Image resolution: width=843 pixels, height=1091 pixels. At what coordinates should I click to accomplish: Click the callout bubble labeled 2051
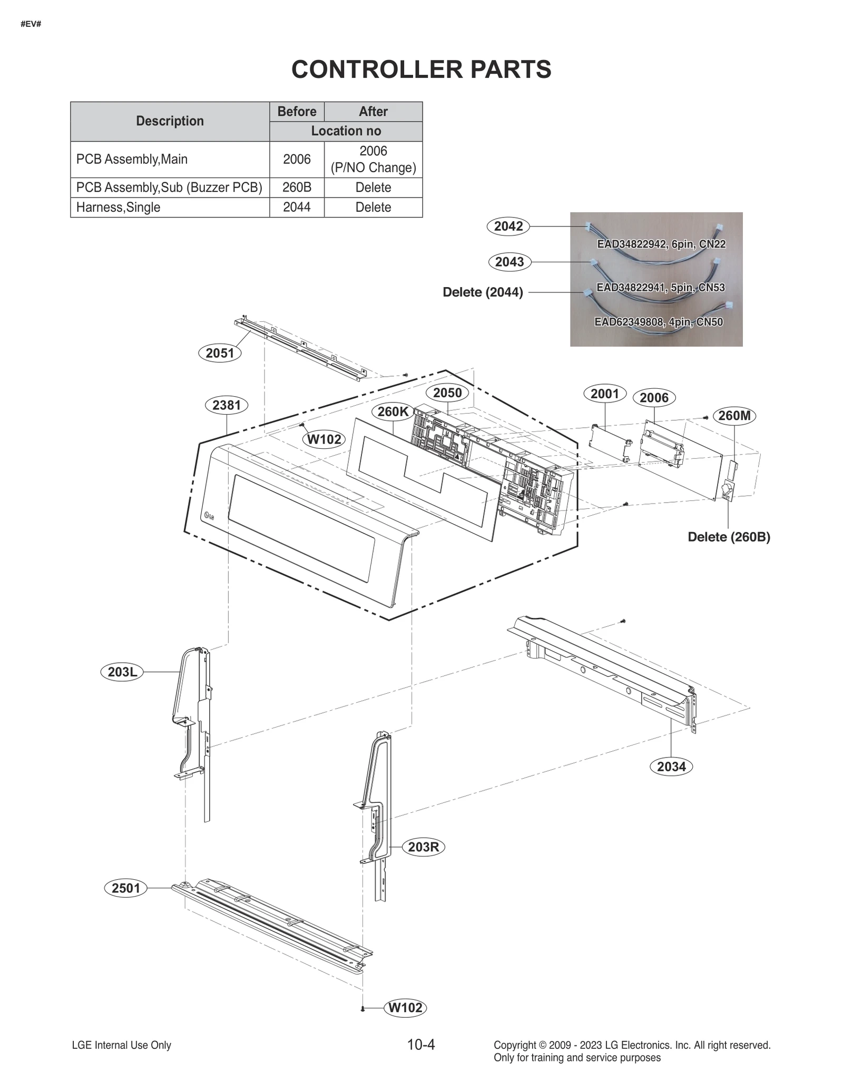220,353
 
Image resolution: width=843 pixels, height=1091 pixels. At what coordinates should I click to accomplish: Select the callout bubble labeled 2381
227,405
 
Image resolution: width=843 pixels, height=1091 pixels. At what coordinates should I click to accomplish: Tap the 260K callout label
393,411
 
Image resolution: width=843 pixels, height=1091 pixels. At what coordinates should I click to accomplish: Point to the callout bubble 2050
447,392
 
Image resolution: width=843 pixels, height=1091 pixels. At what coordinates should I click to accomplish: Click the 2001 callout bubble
605,394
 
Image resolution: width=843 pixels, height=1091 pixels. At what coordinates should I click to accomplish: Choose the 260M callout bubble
734,416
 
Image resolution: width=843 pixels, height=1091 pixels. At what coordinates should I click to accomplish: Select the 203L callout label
122,672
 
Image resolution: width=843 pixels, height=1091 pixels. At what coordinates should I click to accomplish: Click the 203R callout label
424,847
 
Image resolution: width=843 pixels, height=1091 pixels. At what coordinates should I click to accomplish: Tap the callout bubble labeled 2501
126,888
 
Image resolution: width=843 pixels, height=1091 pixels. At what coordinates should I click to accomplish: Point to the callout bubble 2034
671,766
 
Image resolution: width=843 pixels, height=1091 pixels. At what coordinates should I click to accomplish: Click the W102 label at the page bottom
405,1008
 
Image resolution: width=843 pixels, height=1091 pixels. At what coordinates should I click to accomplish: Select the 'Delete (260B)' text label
729,537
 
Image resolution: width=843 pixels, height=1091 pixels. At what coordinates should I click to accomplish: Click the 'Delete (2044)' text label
483,292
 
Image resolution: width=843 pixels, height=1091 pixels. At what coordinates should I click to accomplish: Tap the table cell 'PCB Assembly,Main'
132,159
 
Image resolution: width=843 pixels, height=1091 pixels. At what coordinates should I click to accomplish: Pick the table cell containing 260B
297,188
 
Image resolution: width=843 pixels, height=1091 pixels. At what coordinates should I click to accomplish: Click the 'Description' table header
170,121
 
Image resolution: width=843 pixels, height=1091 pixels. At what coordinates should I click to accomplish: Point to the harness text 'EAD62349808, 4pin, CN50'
659,322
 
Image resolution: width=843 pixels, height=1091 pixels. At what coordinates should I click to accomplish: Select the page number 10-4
421,1044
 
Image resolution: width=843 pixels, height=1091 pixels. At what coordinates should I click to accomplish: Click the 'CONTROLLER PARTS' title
421,69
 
